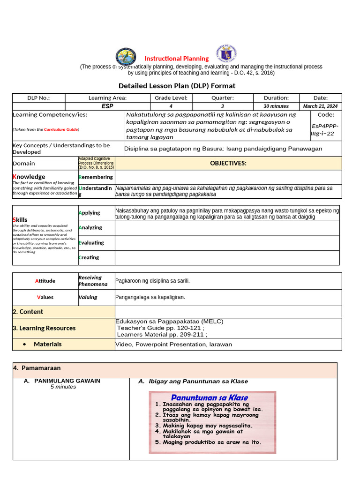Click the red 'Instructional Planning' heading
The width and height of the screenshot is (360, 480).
tap(176, 59)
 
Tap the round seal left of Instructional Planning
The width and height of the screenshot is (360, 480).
tap(126, 57)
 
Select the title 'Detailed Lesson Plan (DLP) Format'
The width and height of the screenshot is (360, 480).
tap(177, 86)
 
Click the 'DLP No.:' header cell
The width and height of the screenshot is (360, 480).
tap(38, 98)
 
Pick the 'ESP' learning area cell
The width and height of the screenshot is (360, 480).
tap(107, 106)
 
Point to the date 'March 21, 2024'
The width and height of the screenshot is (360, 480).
tap(321, 106)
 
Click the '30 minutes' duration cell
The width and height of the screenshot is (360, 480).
tap(276, 106)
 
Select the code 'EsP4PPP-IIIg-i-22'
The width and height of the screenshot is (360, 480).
tap(324, 129)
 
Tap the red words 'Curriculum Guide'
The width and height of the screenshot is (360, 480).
tap(61, 129)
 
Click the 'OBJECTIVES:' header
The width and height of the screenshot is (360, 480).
tap(228, 163)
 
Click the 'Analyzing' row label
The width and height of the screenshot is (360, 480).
tap(90, 228)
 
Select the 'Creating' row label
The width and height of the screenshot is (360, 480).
tap(89, 257)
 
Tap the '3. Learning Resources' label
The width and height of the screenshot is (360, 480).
tap(44, 328)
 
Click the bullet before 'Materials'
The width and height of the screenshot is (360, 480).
tap(24, 345)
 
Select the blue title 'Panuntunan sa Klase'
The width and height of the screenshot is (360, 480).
tap(209, 397)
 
